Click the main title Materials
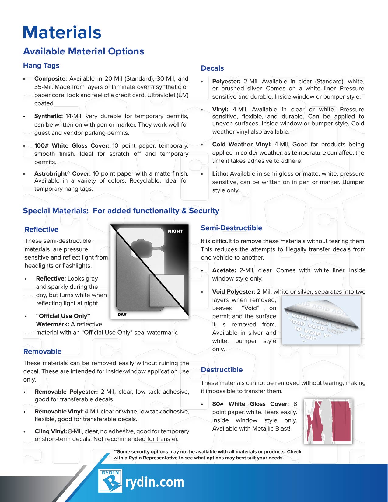(x=62, y=33)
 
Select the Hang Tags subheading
(x=41, y=65)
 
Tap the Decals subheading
(x=212, y=68)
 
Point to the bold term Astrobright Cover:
(x=62, y=173)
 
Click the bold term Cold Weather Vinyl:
(x=242, y=144)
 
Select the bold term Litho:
(x=220, y=173)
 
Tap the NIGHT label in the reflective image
(x=175, y=231)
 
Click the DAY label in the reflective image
(x=122, y=315)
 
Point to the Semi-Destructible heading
(x=231, y=228)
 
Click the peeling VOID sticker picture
(x=321, y=320)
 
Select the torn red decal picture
(x=328, y=421)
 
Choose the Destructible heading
(x=222, y=370)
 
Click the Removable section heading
(x=42, y=351)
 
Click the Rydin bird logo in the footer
(x=110, y=481)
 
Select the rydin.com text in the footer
(x=155, y=482)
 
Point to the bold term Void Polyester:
(x=233, y=291)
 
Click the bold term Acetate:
(x=224, y=270)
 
